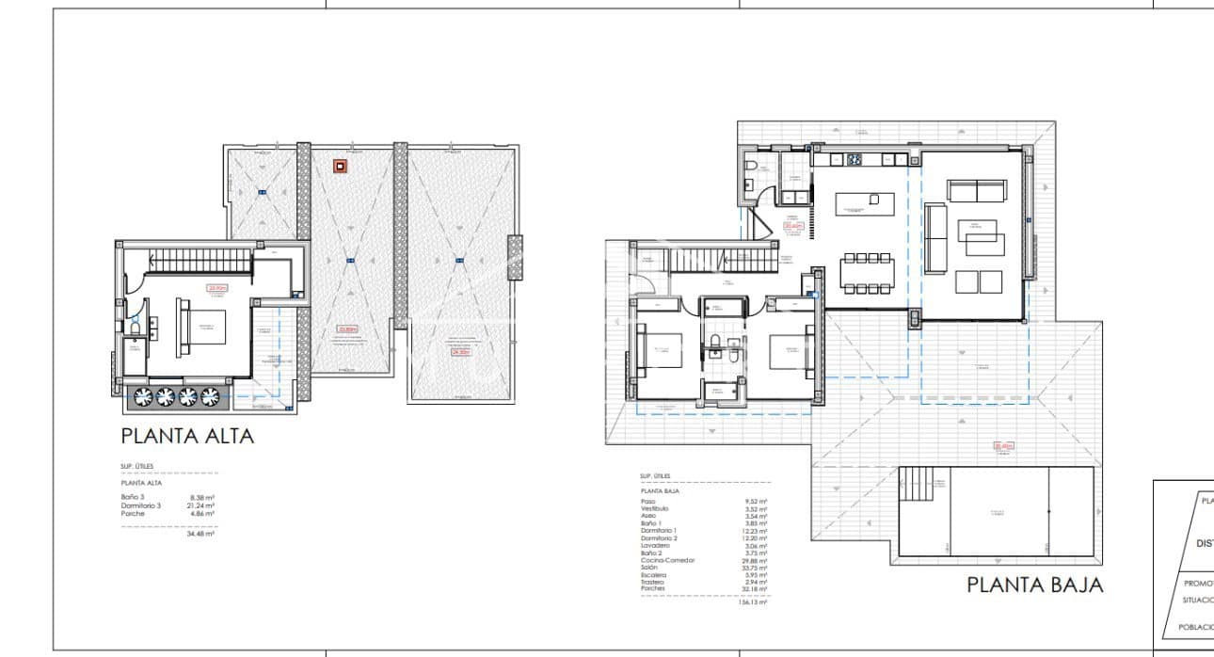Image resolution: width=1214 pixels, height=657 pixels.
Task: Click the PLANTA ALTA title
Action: click(x=187, y=437)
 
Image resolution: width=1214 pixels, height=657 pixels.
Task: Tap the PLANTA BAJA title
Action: click(x=1034, y=585)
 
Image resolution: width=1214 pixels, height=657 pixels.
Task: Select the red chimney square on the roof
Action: click(x=339, y=167)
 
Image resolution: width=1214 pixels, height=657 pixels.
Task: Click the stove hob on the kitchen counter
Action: click(x=855, y=159)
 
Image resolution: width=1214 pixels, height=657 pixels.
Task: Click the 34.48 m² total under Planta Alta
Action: click(x=203, y=534)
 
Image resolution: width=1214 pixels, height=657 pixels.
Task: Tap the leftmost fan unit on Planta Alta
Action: click(x=144, y=396)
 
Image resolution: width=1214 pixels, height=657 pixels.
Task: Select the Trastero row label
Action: click(x=652, y=582)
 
